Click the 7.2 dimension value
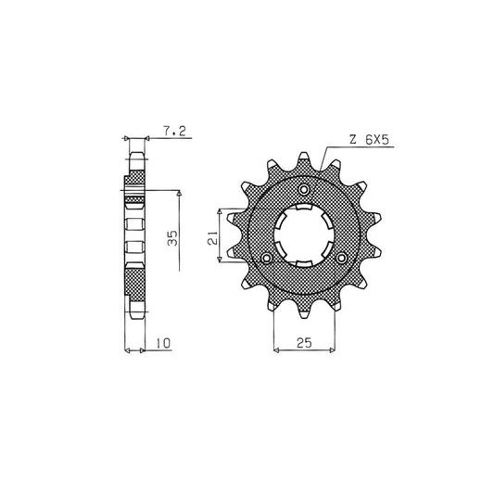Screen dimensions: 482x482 pos(174,132)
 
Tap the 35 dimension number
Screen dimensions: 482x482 pos(172,238)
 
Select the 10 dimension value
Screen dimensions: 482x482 pos(163,343)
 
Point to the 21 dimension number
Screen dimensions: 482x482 pos(212,238)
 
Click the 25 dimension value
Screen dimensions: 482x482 pos(304,343)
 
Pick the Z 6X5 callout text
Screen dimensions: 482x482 pos(369,140)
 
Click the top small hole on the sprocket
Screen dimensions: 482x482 pos(304,189)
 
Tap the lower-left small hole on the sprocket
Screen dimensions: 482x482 pos(267,258)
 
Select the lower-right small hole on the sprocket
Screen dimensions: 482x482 pos(342,258)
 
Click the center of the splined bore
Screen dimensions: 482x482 pos(304,235)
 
